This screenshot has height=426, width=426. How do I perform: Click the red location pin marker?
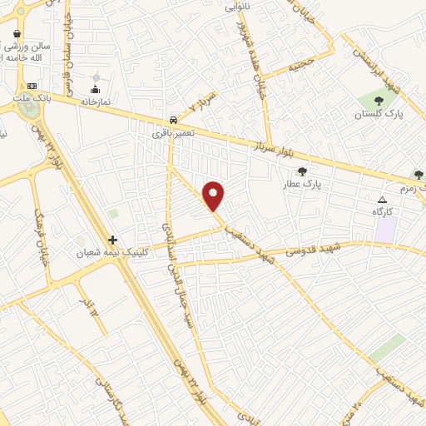tap(214, 196)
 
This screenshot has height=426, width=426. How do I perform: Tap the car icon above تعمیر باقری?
tap(172, 120)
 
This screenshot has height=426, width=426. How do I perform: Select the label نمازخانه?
tap(95, 101)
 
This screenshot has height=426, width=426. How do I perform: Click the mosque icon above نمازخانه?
tap(95, 89)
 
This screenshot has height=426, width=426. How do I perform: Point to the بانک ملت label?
tap(32, 98)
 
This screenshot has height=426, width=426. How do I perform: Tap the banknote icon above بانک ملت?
tap(32, 86)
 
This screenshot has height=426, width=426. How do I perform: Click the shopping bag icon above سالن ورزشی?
tap(17, 34)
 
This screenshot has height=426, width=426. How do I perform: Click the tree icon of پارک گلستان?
tap(379, 102)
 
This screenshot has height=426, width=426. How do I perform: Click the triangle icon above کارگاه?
tap(383, 200)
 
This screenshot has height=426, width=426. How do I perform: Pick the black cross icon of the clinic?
tap(113, 240)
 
